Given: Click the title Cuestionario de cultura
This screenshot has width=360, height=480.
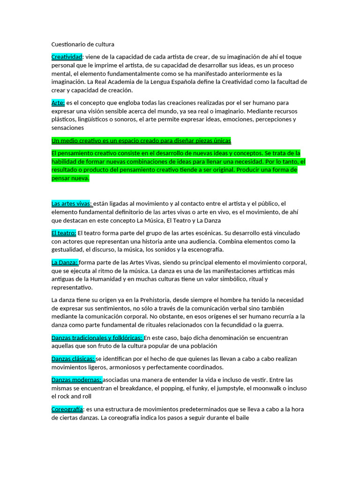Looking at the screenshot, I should [x=82, y=45].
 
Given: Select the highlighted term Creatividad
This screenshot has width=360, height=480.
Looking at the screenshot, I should [x=67, y=57].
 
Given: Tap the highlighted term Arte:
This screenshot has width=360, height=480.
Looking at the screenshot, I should [x=58, y=103].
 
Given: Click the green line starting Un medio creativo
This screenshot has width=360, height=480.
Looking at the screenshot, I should [x=141, y=141].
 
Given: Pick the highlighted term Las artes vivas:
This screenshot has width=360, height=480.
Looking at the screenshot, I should [x=72, y=203].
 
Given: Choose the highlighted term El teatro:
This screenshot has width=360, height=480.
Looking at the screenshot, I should [x=64, y=233].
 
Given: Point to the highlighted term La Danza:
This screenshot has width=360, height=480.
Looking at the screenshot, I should [x=65, y=262].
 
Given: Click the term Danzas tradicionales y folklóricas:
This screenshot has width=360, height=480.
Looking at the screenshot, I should [x=97, y=337].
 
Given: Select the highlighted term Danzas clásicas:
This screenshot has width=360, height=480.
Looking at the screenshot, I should [x=73, y=359].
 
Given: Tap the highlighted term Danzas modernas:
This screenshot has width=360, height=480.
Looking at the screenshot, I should [x=76, y=380].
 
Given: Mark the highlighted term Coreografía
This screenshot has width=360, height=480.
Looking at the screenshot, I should [x=67, y=409].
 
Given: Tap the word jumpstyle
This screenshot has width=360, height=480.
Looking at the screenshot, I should [x=237, y=388].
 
